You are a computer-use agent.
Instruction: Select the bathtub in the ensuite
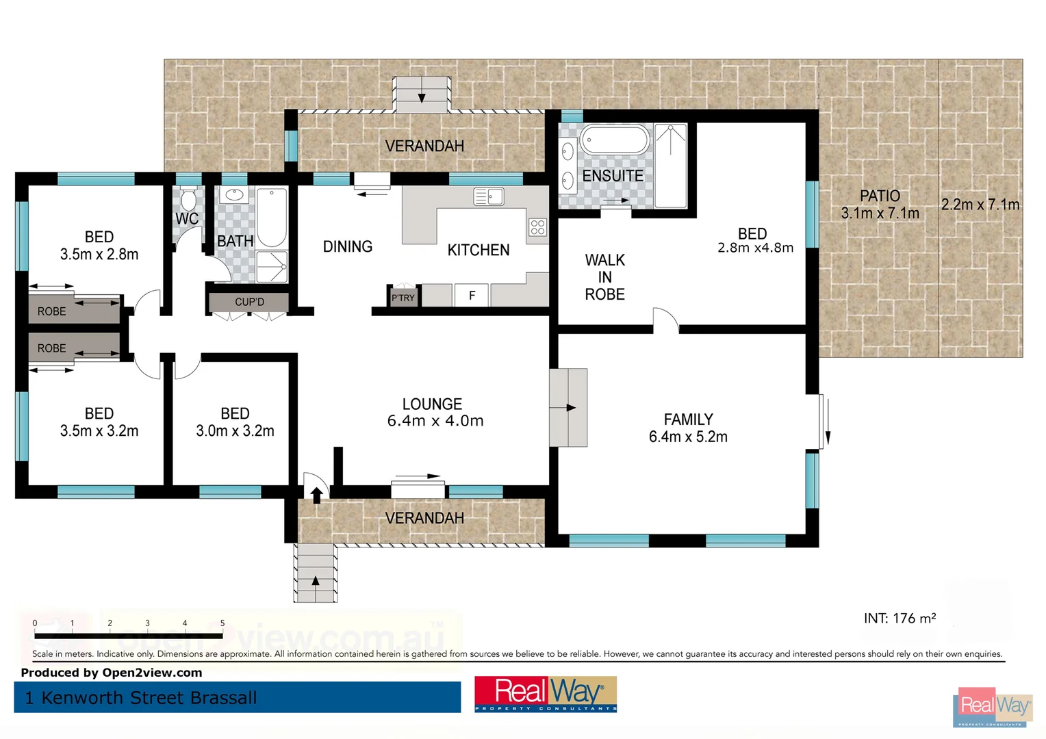coord(614,140)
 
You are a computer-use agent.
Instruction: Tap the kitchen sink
coord(489,197)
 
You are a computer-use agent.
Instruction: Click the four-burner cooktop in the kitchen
coord(537,227)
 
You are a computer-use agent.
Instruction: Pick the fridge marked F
coord(472,296)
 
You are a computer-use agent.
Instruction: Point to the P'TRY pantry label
coord(403,298)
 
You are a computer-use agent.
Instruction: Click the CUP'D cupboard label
coord(249,302)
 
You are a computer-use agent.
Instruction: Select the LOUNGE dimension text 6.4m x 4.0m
coord(435,421)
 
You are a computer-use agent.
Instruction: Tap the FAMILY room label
coord(688,419)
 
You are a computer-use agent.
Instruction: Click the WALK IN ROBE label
coord(604,277)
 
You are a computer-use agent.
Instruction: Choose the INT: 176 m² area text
coord(900,619)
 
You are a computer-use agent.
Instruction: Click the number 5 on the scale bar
coord(222,623)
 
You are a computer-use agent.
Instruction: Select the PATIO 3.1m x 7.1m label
coord(880,205)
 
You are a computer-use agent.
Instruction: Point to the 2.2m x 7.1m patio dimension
coord(980,205)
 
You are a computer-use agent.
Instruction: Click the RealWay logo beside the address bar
coord(546,694)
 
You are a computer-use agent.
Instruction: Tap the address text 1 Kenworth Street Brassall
coord(141,698)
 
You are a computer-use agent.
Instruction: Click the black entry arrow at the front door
coord(316,494)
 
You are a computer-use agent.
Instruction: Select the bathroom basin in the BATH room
coord(235,195)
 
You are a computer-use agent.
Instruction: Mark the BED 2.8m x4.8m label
coord(754,240)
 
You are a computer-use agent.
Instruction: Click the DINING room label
coord(348,246)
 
